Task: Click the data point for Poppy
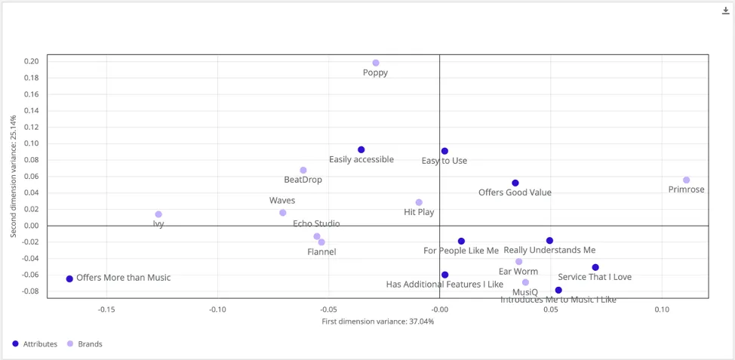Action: (x=376, y=63)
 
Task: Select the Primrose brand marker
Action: (x=687, y=180)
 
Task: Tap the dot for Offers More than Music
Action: (x=69, y=278)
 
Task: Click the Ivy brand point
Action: (x=158, y=214)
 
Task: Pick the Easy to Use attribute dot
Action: (x=444, y=152)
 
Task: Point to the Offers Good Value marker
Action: (x=515, y=183)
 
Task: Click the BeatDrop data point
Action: (x=303, y=171)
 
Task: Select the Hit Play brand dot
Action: (x=419, y=202)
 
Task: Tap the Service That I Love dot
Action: (x=595, y=267)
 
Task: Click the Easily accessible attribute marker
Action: (x=361, y=150)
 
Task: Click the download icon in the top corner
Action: (x=726, y=11)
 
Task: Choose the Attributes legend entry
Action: (x=35, y=344)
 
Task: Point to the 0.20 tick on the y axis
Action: (x=30, y=62)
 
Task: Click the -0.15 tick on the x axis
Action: (x=106, y=309)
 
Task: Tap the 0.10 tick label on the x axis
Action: (x=662, y=309)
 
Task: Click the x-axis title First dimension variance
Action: (x=377, y=322)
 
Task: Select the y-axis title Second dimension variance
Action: (x=13, y=176)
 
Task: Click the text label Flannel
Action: (x=321, y=251)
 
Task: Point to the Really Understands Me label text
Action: (x=549, y=250)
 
